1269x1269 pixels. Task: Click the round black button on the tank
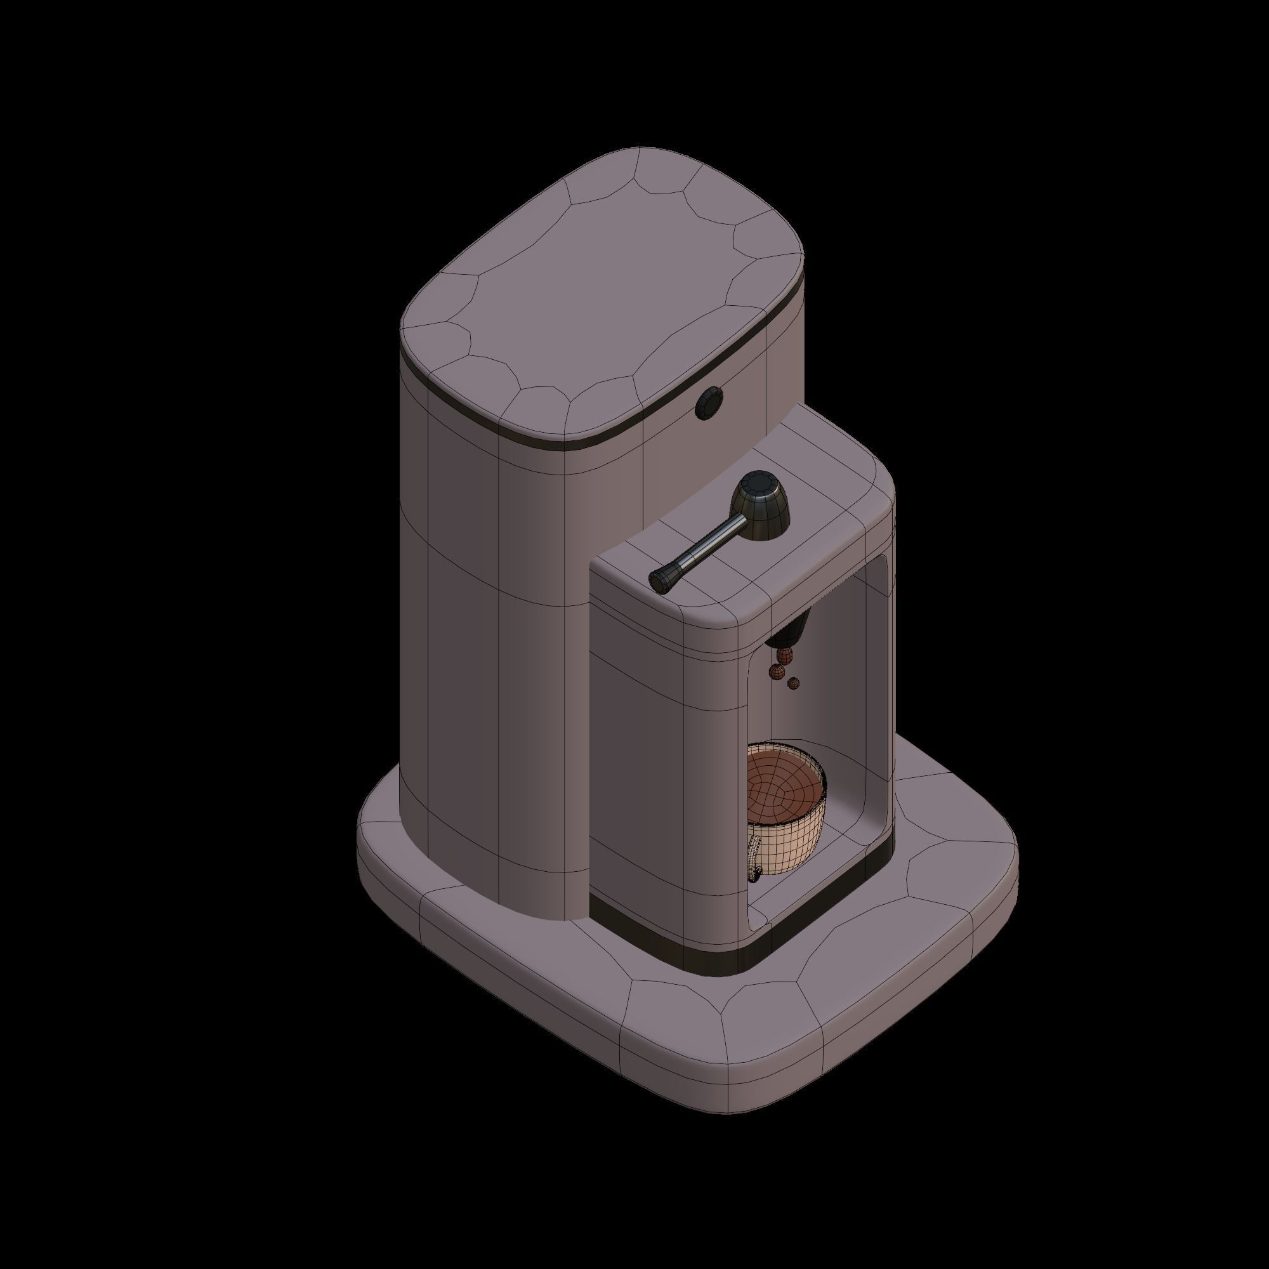tap(709, 402)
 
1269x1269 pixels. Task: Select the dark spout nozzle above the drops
tap(791, 631)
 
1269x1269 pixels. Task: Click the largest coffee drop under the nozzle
tap(784, 654)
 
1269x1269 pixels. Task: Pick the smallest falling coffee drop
tap(794, 683)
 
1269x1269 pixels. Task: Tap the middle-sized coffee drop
tap(777, 671)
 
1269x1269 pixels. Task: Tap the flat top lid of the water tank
tap(601, 289)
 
